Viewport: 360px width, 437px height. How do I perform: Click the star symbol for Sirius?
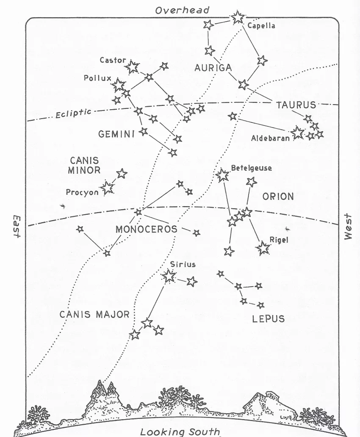click(x=169, y=276)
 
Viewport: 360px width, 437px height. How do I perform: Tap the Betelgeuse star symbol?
click(x=222, y=175)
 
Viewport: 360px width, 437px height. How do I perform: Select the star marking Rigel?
click(x=263, y=248)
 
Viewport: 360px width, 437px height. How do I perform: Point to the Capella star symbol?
click(x=238, y=17)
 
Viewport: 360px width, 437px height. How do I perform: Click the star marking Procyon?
click(x=108, y=187)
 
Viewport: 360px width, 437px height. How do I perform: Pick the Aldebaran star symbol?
click(x=297, y=133)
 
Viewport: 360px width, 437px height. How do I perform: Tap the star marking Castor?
click(x=133, y=66)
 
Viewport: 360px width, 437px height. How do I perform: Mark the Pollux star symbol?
click(x=119, y=86)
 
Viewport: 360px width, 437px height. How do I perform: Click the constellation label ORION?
click(x=278, y=197)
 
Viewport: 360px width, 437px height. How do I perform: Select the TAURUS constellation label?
click(x=296, y=105)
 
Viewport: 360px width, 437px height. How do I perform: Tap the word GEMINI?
click(x=116, y=134)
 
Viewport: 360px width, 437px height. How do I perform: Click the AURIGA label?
click(x=213, y=68)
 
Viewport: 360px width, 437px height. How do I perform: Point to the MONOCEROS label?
click(x=146, y=230)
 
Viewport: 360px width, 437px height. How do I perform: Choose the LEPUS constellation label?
click(x=269, y=319)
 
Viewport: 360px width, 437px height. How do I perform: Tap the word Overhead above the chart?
click(x=182, y=10)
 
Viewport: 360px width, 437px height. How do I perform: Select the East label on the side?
click(x=17, y=225)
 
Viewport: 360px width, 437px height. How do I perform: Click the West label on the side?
click(x=348, y=226)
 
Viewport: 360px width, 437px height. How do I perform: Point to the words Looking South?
click(x=180, y=432)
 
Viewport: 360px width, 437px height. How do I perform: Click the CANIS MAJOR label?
click(x=94, y=315)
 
